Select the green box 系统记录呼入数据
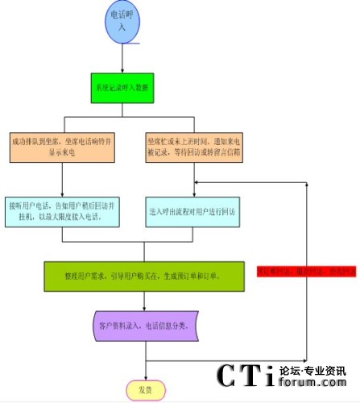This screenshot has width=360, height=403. pyautogui.click(x=122, y=86)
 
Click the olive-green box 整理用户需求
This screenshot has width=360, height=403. pyautogui.click(x=144, y=276)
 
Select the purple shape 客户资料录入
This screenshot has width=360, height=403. pyautogui.click(x=144, y=326)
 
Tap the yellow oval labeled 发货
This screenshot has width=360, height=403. pyautogui.click(x=145, y=390)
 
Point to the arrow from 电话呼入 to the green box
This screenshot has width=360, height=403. pyautogui.click(x=122, y=56)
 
